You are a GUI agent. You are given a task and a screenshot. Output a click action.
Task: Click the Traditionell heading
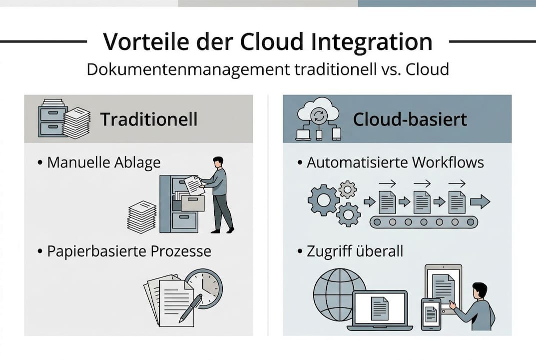149,119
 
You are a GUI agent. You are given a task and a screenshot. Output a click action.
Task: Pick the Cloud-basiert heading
410,119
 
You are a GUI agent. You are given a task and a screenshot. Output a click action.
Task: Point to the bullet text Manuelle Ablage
104,162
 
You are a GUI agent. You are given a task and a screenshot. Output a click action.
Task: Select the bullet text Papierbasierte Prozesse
129,251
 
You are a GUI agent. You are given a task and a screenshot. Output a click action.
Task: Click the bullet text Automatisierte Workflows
395,162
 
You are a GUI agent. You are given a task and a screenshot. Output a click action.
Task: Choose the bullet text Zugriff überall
355,251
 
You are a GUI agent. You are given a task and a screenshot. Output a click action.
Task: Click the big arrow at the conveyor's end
480,202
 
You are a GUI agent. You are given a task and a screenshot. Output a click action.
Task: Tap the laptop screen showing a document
380,307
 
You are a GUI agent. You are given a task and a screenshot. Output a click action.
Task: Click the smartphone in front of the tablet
431,314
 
